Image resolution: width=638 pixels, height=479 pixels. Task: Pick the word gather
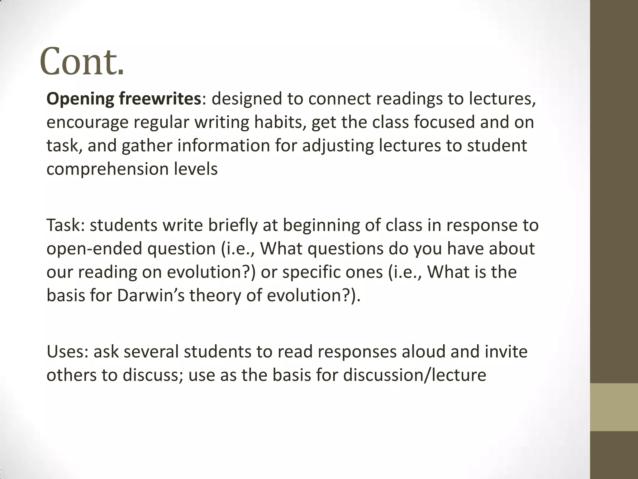[x=147, y=146]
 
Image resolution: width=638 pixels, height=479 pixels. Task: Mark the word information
[x=223, y=145]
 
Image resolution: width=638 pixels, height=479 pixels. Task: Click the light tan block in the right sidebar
[x=614, y=407]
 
